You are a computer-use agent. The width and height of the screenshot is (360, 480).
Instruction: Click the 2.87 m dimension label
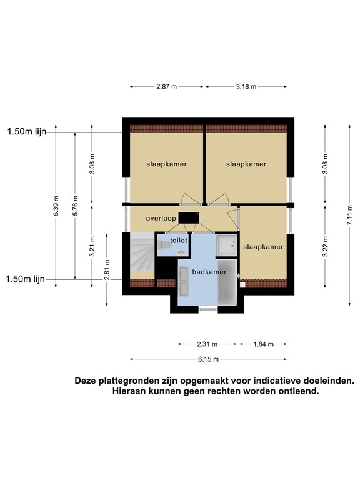point(166,87)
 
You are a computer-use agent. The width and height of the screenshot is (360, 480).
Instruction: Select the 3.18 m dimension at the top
point(246,87)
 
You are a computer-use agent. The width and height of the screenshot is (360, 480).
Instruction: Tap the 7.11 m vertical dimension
point(349,215)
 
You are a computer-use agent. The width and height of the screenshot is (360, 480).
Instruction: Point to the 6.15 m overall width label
point(209,359)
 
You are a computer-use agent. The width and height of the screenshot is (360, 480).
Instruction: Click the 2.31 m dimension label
point(207,344)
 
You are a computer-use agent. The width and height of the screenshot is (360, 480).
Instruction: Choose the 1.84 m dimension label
point(263,344)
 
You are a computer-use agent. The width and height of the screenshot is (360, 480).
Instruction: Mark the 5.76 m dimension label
point(75,206)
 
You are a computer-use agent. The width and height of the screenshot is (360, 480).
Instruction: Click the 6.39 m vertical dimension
point(56,206)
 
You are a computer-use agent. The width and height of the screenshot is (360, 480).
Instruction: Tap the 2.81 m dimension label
point(106,270)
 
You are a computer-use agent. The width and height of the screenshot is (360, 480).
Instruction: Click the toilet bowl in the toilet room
point(164,245)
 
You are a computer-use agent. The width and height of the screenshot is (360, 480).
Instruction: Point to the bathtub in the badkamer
point(227,282)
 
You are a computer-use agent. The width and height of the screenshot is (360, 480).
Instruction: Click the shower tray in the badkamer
point(227,245)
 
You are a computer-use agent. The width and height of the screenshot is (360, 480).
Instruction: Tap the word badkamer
point(209,272)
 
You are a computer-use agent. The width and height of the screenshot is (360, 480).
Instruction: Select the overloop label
point(161,219)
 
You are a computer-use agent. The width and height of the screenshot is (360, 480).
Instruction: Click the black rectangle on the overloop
point(189,217)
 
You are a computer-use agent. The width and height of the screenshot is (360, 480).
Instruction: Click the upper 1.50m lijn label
point(27,132)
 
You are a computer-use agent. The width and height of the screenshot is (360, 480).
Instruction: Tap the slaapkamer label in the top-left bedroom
point(166,164)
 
